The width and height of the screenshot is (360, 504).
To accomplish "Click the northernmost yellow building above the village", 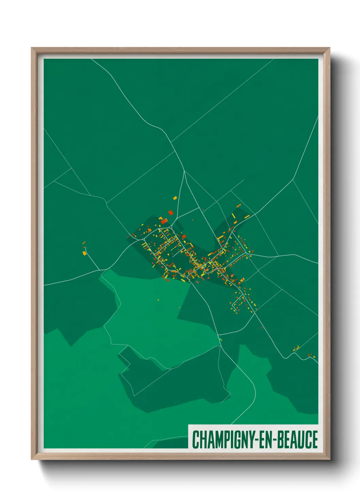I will pos(175,198).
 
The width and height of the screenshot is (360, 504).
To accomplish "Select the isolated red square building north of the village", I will pos(171,212).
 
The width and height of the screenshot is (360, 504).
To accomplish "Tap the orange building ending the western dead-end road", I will pos(84,253).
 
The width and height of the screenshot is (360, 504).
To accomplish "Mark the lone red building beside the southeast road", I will pos(261,328).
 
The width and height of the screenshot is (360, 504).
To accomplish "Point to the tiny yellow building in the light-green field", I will pos(158,300).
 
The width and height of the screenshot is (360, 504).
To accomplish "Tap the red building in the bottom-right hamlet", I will pos(309,355).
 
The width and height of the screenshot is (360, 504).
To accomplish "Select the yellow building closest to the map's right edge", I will pos(314,357).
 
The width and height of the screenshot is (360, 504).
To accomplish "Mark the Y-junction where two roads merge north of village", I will pos(184,171).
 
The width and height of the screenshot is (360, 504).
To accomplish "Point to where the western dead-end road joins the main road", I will pos(101,270).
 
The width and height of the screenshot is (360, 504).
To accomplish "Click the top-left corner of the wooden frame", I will pos(32,48).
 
